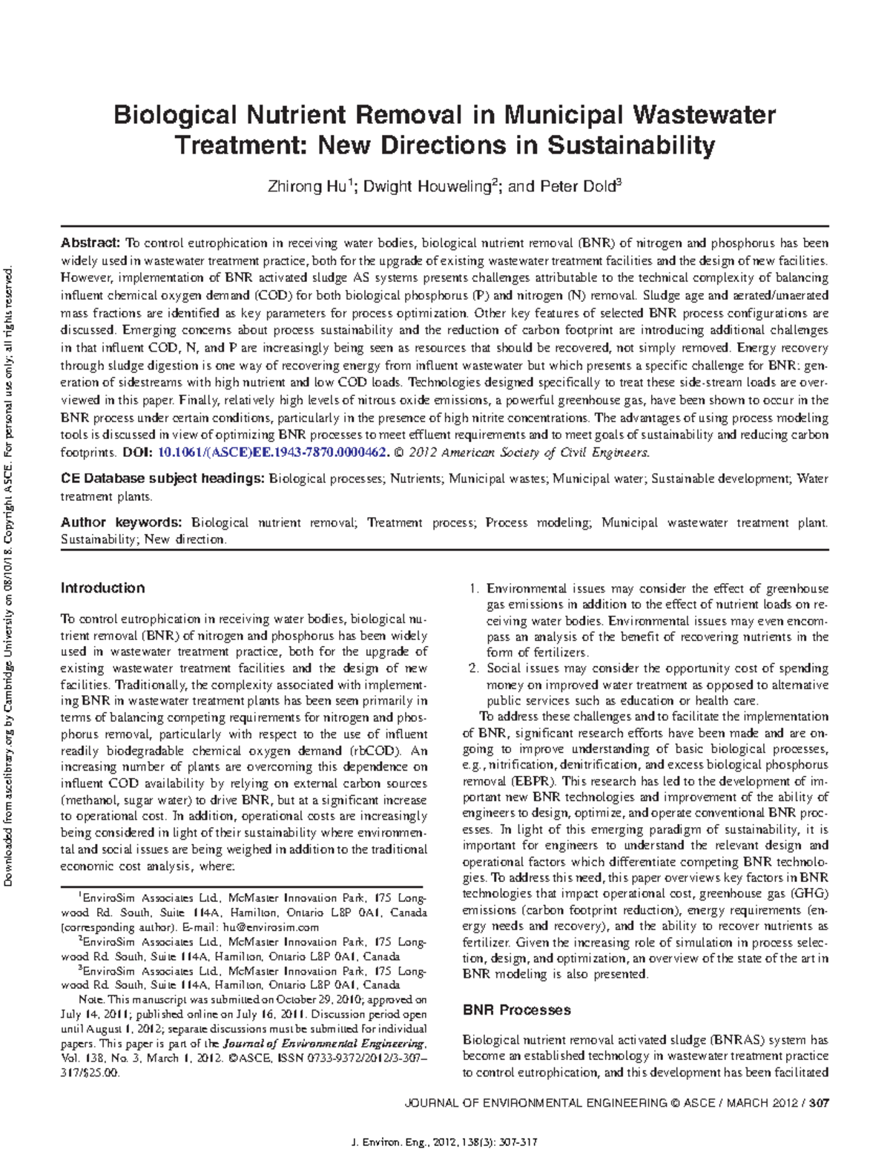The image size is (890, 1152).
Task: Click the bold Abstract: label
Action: click(x=90, y=243)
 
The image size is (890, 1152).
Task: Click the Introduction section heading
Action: click(x=102, y=588)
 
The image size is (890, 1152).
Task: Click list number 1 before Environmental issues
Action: click(x=475, y=589)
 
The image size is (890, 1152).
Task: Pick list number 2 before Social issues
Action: click(x=475, y=668)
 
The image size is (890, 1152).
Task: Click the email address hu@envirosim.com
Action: click(x=274, y=927)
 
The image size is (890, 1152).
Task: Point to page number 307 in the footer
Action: click(x=818, y=1103)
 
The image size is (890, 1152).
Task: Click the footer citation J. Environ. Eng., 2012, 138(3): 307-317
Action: click(x=444, y=1140)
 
